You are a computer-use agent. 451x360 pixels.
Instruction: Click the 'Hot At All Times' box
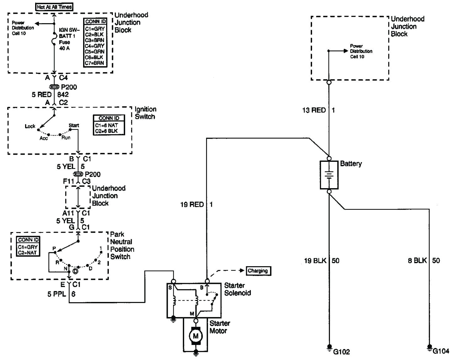(54, 7)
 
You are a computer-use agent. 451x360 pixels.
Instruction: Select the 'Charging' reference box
(258, 271)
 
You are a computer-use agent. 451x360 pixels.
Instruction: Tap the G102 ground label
(341, 352)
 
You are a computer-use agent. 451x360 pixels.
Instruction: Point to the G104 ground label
(441, 351)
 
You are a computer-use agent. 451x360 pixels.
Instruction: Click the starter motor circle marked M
(196, 336)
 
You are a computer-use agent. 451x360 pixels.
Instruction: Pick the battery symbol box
(329, 175)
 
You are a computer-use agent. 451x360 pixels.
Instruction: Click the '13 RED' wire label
(314, 110)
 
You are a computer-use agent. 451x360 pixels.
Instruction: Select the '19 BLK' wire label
(315, 261)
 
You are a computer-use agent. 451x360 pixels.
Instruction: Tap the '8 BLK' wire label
(417, 261)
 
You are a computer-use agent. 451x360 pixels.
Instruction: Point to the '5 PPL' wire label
(57, 294)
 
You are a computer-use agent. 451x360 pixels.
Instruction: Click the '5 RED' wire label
(41, 95)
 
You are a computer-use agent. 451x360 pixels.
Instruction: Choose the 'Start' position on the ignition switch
(74, 125)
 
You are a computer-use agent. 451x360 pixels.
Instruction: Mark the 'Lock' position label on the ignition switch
(30, 126)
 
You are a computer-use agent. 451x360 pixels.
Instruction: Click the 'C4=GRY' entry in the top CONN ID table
(95, 46)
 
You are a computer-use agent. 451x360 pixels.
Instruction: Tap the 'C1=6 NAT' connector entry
(106, 125)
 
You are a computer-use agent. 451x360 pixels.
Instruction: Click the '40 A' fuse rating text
(64, 48)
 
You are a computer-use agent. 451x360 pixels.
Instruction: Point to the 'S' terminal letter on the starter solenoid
(170, 287)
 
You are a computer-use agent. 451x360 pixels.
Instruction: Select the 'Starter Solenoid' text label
(237, 289)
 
